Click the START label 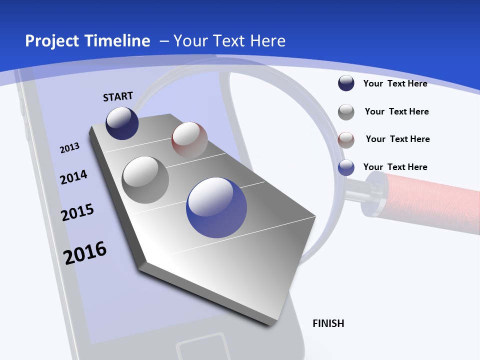(118, 96)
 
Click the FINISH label (328, 323)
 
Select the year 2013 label (69, 147)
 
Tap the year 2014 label (73, 177)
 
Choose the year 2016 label (85, 252)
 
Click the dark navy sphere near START (122, 123)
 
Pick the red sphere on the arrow (189, 140)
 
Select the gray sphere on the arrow (145, 179)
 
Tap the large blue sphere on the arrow (216, 207)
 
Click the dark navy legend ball (346, 83)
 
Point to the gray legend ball (346, 112)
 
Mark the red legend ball (346, 139)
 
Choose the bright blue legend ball (346, 167)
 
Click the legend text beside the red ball (397, 139)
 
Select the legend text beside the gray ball (396, 111)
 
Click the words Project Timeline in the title (87, 41)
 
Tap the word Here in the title (266, 41)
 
